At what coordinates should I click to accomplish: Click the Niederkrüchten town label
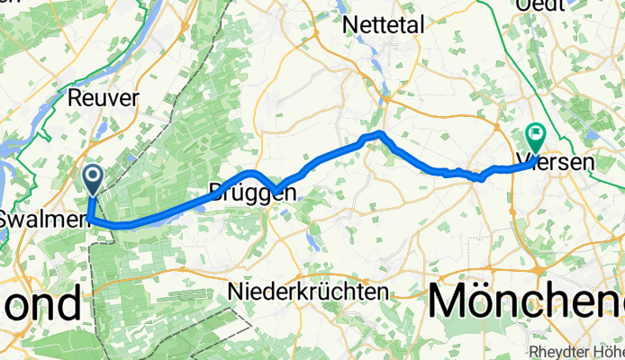tap(308, 292)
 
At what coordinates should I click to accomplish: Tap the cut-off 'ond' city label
tap(40, 304)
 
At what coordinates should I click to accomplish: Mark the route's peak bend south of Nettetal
tap(380, 134)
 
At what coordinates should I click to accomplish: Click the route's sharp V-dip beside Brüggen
tap(279, 190)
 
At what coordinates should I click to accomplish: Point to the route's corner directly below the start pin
tap(90, 218)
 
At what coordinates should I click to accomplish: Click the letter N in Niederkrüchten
tap(236, 292)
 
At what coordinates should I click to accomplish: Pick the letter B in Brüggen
tap(216, 193)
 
